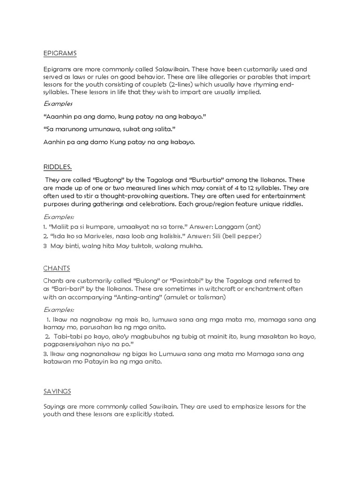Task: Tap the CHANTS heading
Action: (x=56, y=268)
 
